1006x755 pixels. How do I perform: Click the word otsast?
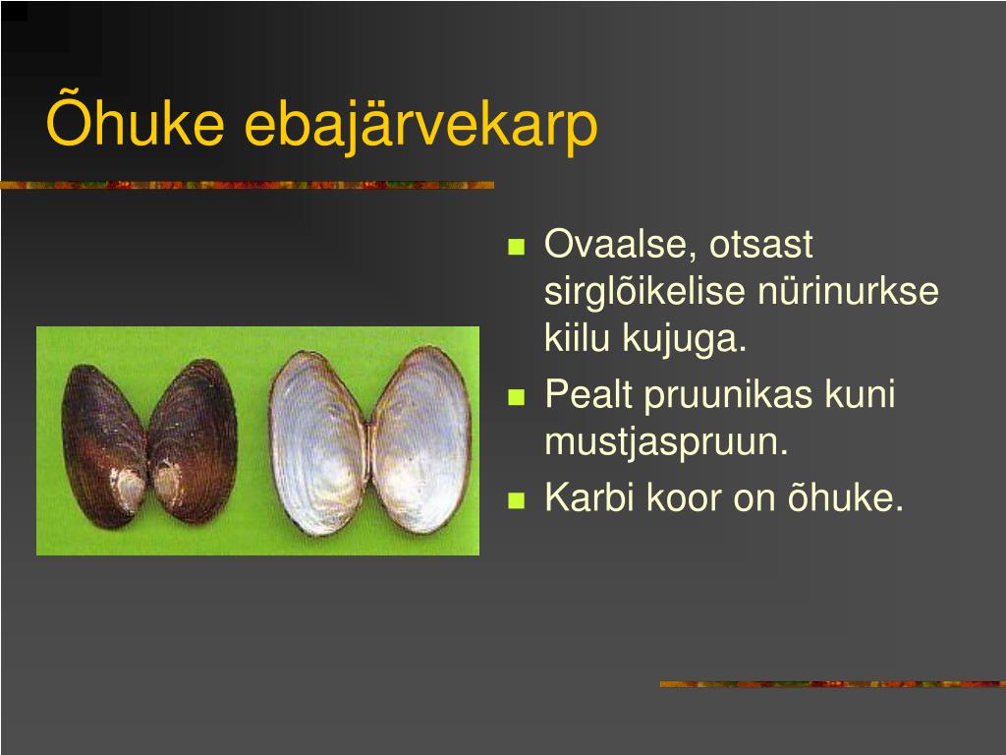[x=761, y=245]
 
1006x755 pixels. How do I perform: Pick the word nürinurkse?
[x=848, y=291]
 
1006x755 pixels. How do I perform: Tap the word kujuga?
[x=685, y=338]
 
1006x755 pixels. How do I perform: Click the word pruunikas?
[x=728, y=395]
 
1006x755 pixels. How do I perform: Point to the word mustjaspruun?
[x=666, y=443]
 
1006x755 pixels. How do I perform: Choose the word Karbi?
[x=589, y=496]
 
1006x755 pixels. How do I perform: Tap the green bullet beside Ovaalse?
[x=517, y=247]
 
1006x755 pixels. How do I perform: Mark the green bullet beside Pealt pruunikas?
[x=517, y=397]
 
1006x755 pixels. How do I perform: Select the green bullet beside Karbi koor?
[x=517, y=500]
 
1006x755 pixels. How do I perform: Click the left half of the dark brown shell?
[x=104, y=445]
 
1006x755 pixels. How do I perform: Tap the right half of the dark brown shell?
[x=194, y=440]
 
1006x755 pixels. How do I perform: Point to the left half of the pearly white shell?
[x=318, y=444]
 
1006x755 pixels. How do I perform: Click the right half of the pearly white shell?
[x=420, y=440]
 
